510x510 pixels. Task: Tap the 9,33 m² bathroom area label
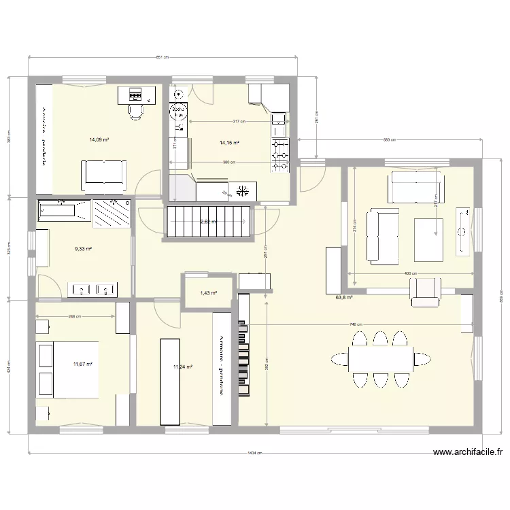click(x=83, y=249)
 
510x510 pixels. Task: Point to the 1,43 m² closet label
click(x=208, y=293)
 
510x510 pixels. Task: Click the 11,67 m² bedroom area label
click(x=82, y=364)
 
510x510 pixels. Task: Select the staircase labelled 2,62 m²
click(x=208, y=222)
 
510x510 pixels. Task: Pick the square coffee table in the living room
click(x=429, y=239)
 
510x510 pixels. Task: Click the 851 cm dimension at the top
click(x=163, y=58)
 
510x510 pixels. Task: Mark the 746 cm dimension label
click(x=356, y=325)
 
